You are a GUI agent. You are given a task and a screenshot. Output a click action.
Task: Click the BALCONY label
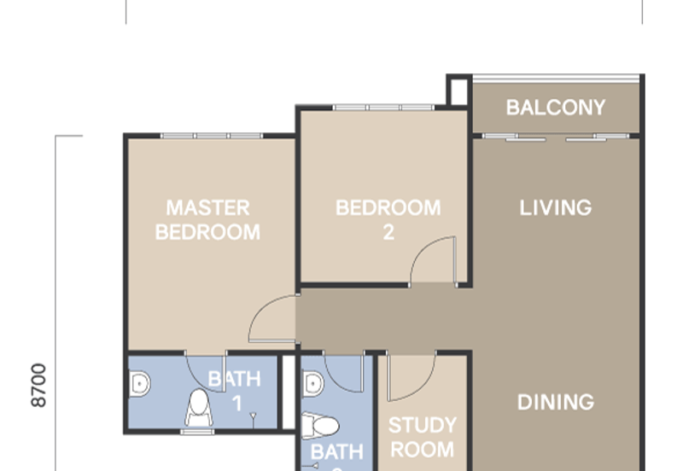pos(556,108)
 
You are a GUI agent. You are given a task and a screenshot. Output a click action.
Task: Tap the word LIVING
pos(556,207)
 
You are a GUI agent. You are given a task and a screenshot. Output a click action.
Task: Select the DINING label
pos(556,402)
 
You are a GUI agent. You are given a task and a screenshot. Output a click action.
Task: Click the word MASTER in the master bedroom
pos(207,207)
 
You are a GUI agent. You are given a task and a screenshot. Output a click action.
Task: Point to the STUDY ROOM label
pos(422,435)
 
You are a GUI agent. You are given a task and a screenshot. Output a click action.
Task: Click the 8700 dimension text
pos(39,386)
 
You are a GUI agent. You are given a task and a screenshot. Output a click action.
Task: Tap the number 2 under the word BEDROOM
pos(388,232)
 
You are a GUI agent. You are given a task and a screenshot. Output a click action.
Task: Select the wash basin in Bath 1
pos(138,385)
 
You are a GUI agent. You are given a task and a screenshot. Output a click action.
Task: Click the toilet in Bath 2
pos(321,425)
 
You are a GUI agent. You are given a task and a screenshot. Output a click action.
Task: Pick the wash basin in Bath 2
pos(312,385)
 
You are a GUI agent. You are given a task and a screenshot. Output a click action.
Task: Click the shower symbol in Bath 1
pos(254,416)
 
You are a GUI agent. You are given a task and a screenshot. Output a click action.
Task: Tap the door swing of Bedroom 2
pos(433,260)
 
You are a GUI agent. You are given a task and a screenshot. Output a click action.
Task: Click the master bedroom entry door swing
pos(271,318)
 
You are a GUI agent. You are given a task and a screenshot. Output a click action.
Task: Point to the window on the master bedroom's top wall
pos(211,136)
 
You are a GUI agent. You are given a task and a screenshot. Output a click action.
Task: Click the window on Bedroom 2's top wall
pos(383,108)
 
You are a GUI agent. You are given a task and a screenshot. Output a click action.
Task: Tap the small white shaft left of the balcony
pos(458,90)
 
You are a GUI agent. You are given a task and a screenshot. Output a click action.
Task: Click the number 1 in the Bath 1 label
pos(236,403)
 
